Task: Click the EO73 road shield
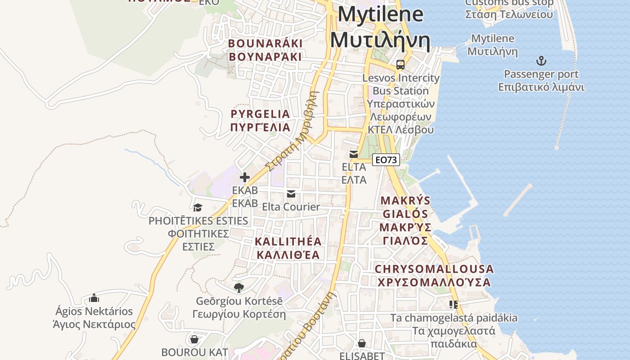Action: (386, 160)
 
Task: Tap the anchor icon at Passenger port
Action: (541, 61)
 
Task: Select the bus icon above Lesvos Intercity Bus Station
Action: (400, 65)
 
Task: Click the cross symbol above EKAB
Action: (245, 177)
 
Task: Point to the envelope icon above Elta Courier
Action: (291, 194)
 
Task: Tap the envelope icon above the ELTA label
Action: (354, 154)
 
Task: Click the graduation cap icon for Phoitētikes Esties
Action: (198, 207)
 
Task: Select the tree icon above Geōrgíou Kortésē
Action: (239, 288)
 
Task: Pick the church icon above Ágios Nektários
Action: (94, 298)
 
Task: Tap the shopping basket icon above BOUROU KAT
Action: (194, 339)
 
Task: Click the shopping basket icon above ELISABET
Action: (361, 344)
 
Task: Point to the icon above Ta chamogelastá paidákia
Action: (454, 305)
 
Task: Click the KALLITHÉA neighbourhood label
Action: (288, 248)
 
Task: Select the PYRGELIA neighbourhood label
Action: (260, 120)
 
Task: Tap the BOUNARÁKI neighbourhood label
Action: (265, 50)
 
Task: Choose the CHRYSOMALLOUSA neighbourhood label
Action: (434, 275)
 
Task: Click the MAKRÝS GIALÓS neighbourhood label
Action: (405, 220)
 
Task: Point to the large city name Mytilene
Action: (380, 27)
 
